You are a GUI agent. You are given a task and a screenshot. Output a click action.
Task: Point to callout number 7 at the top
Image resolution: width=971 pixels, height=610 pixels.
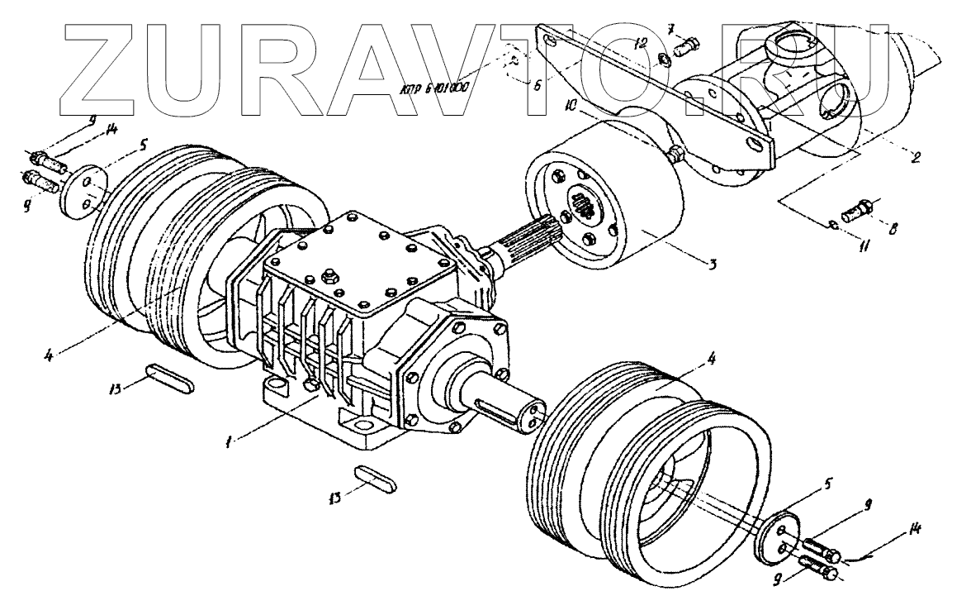(670, 31)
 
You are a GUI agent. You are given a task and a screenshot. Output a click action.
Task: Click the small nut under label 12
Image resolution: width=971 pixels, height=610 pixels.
(664, 60)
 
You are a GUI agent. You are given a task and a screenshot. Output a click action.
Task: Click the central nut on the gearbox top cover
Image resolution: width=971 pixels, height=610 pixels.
(334, 273)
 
